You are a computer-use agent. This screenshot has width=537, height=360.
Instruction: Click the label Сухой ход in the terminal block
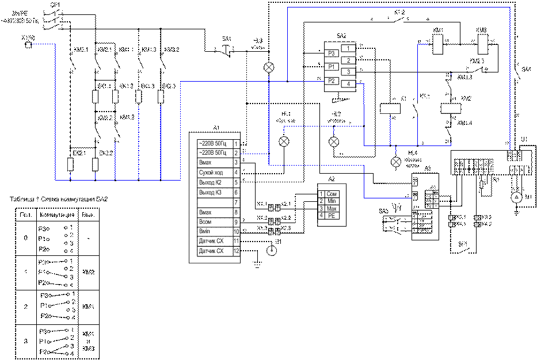[210, 173]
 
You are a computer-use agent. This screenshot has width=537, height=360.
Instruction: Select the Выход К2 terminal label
[210, 182]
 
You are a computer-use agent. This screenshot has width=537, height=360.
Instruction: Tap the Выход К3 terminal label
[210, 192]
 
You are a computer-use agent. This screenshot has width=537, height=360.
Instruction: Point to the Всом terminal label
[205, 222]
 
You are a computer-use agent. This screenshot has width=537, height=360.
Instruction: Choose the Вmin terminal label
[205, 232]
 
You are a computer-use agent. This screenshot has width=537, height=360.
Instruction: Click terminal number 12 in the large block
[236, 251]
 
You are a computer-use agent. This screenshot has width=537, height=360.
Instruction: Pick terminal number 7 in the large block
[236, 202]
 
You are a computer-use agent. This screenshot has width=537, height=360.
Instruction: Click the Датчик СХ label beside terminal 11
[211, 242]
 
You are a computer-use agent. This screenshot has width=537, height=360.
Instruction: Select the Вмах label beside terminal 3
[205, 163]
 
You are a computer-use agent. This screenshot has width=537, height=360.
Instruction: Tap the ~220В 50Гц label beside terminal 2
[212, 153]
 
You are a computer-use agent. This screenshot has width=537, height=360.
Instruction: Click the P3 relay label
[331, 53]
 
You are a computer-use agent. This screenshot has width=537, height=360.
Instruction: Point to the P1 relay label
[331, 67]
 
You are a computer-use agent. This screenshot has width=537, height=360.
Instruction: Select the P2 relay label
[331, 81]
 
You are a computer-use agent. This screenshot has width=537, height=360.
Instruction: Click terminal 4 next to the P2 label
[348, 84]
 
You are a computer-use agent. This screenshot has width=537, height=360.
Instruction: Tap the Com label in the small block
[332, 194]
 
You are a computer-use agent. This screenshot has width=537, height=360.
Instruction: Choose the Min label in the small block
[332, 201]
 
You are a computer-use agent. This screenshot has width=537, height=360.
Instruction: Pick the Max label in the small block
[332, 209]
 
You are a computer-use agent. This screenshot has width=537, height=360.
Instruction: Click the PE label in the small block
[332, 216]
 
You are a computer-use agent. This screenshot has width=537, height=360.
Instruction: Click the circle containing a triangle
[516, 198]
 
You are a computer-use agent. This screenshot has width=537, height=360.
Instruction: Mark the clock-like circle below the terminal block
[272, 251]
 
